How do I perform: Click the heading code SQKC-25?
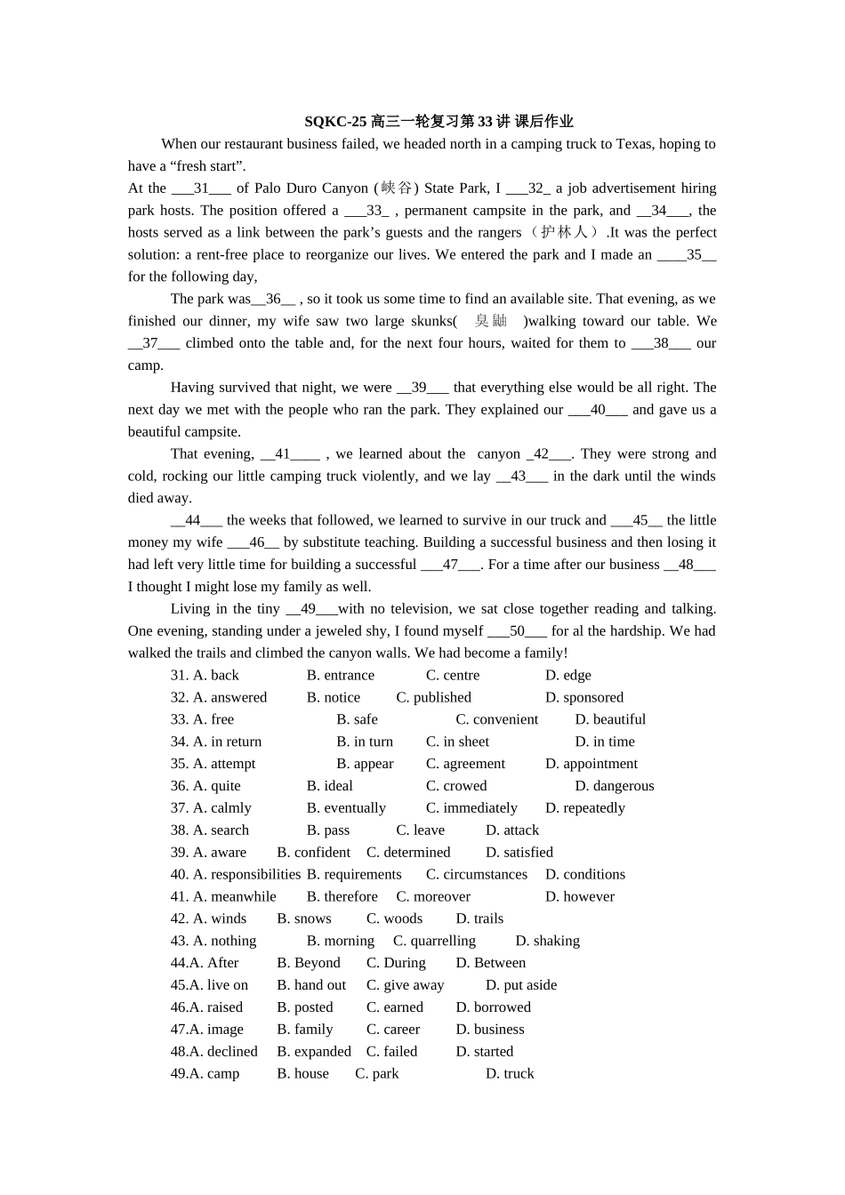click(335, 122)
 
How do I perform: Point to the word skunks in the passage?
click(431, 321)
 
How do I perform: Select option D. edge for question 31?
click(568, 676)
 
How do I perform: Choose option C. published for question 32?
click(433, 698)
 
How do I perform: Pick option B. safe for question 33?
click(357, 720)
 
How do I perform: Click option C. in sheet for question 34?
click(457, 742)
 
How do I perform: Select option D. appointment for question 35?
click(591, 764)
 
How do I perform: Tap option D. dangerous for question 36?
click(614, 786)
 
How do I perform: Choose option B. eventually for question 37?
click(346, 808)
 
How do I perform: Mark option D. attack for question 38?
click(512, 830)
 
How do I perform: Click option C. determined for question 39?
click(408, 853)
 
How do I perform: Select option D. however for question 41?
click(580, 897)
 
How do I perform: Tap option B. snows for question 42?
click(304, 919)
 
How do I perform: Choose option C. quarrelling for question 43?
click(434, 941)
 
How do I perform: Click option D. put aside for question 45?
click(521, 985)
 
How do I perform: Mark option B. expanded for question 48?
click(314, 1052)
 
